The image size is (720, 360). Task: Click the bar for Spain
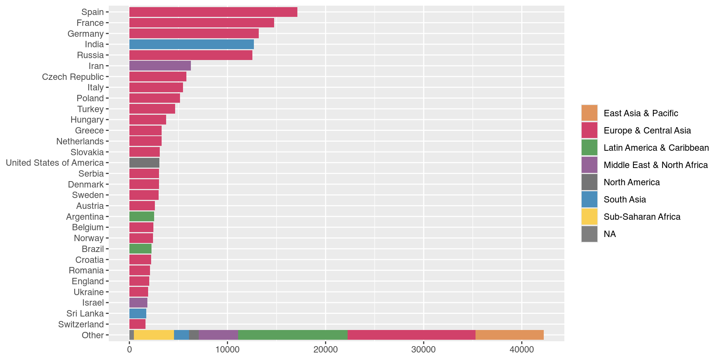point(213,12)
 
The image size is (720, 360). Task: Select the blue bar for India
point(191,44)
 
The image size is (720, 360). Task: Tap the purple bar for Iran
point(160,66)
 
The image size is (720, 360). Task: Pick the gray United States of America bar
point(144,163)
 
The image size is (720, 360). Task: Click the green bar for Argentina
point(141,217)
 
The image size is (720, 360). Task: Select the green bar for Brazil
point(140,249)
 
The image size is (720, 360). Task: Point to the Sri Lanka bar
point(138,313)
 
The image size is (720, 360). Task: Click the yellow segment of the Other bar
point(154,335)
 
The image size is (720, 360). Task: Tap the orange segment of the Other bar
point(509,335)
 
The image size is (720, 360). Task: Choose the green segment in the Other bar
point(292,335)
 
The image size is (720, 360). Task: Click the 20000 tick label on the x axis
point(325,350)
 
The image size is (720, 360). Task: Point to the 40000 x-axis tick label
point(521,350)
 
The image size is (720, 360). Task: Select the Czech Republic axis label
point(73,77)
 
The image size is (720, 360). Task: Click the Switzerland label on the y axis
point(81,324)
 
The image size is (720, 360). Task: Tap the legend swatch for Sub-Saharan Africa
point(589,217)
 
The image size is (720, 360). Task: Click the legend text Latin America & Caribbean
point(656,148)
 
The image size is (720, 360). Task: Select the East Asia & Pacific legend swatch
point(589,113)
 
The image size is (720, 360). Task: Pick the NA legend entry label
point(610,234)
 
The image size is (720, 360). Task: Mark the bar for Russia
point(190,55)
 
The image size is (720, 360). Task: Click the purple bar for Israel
point(138,303)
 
